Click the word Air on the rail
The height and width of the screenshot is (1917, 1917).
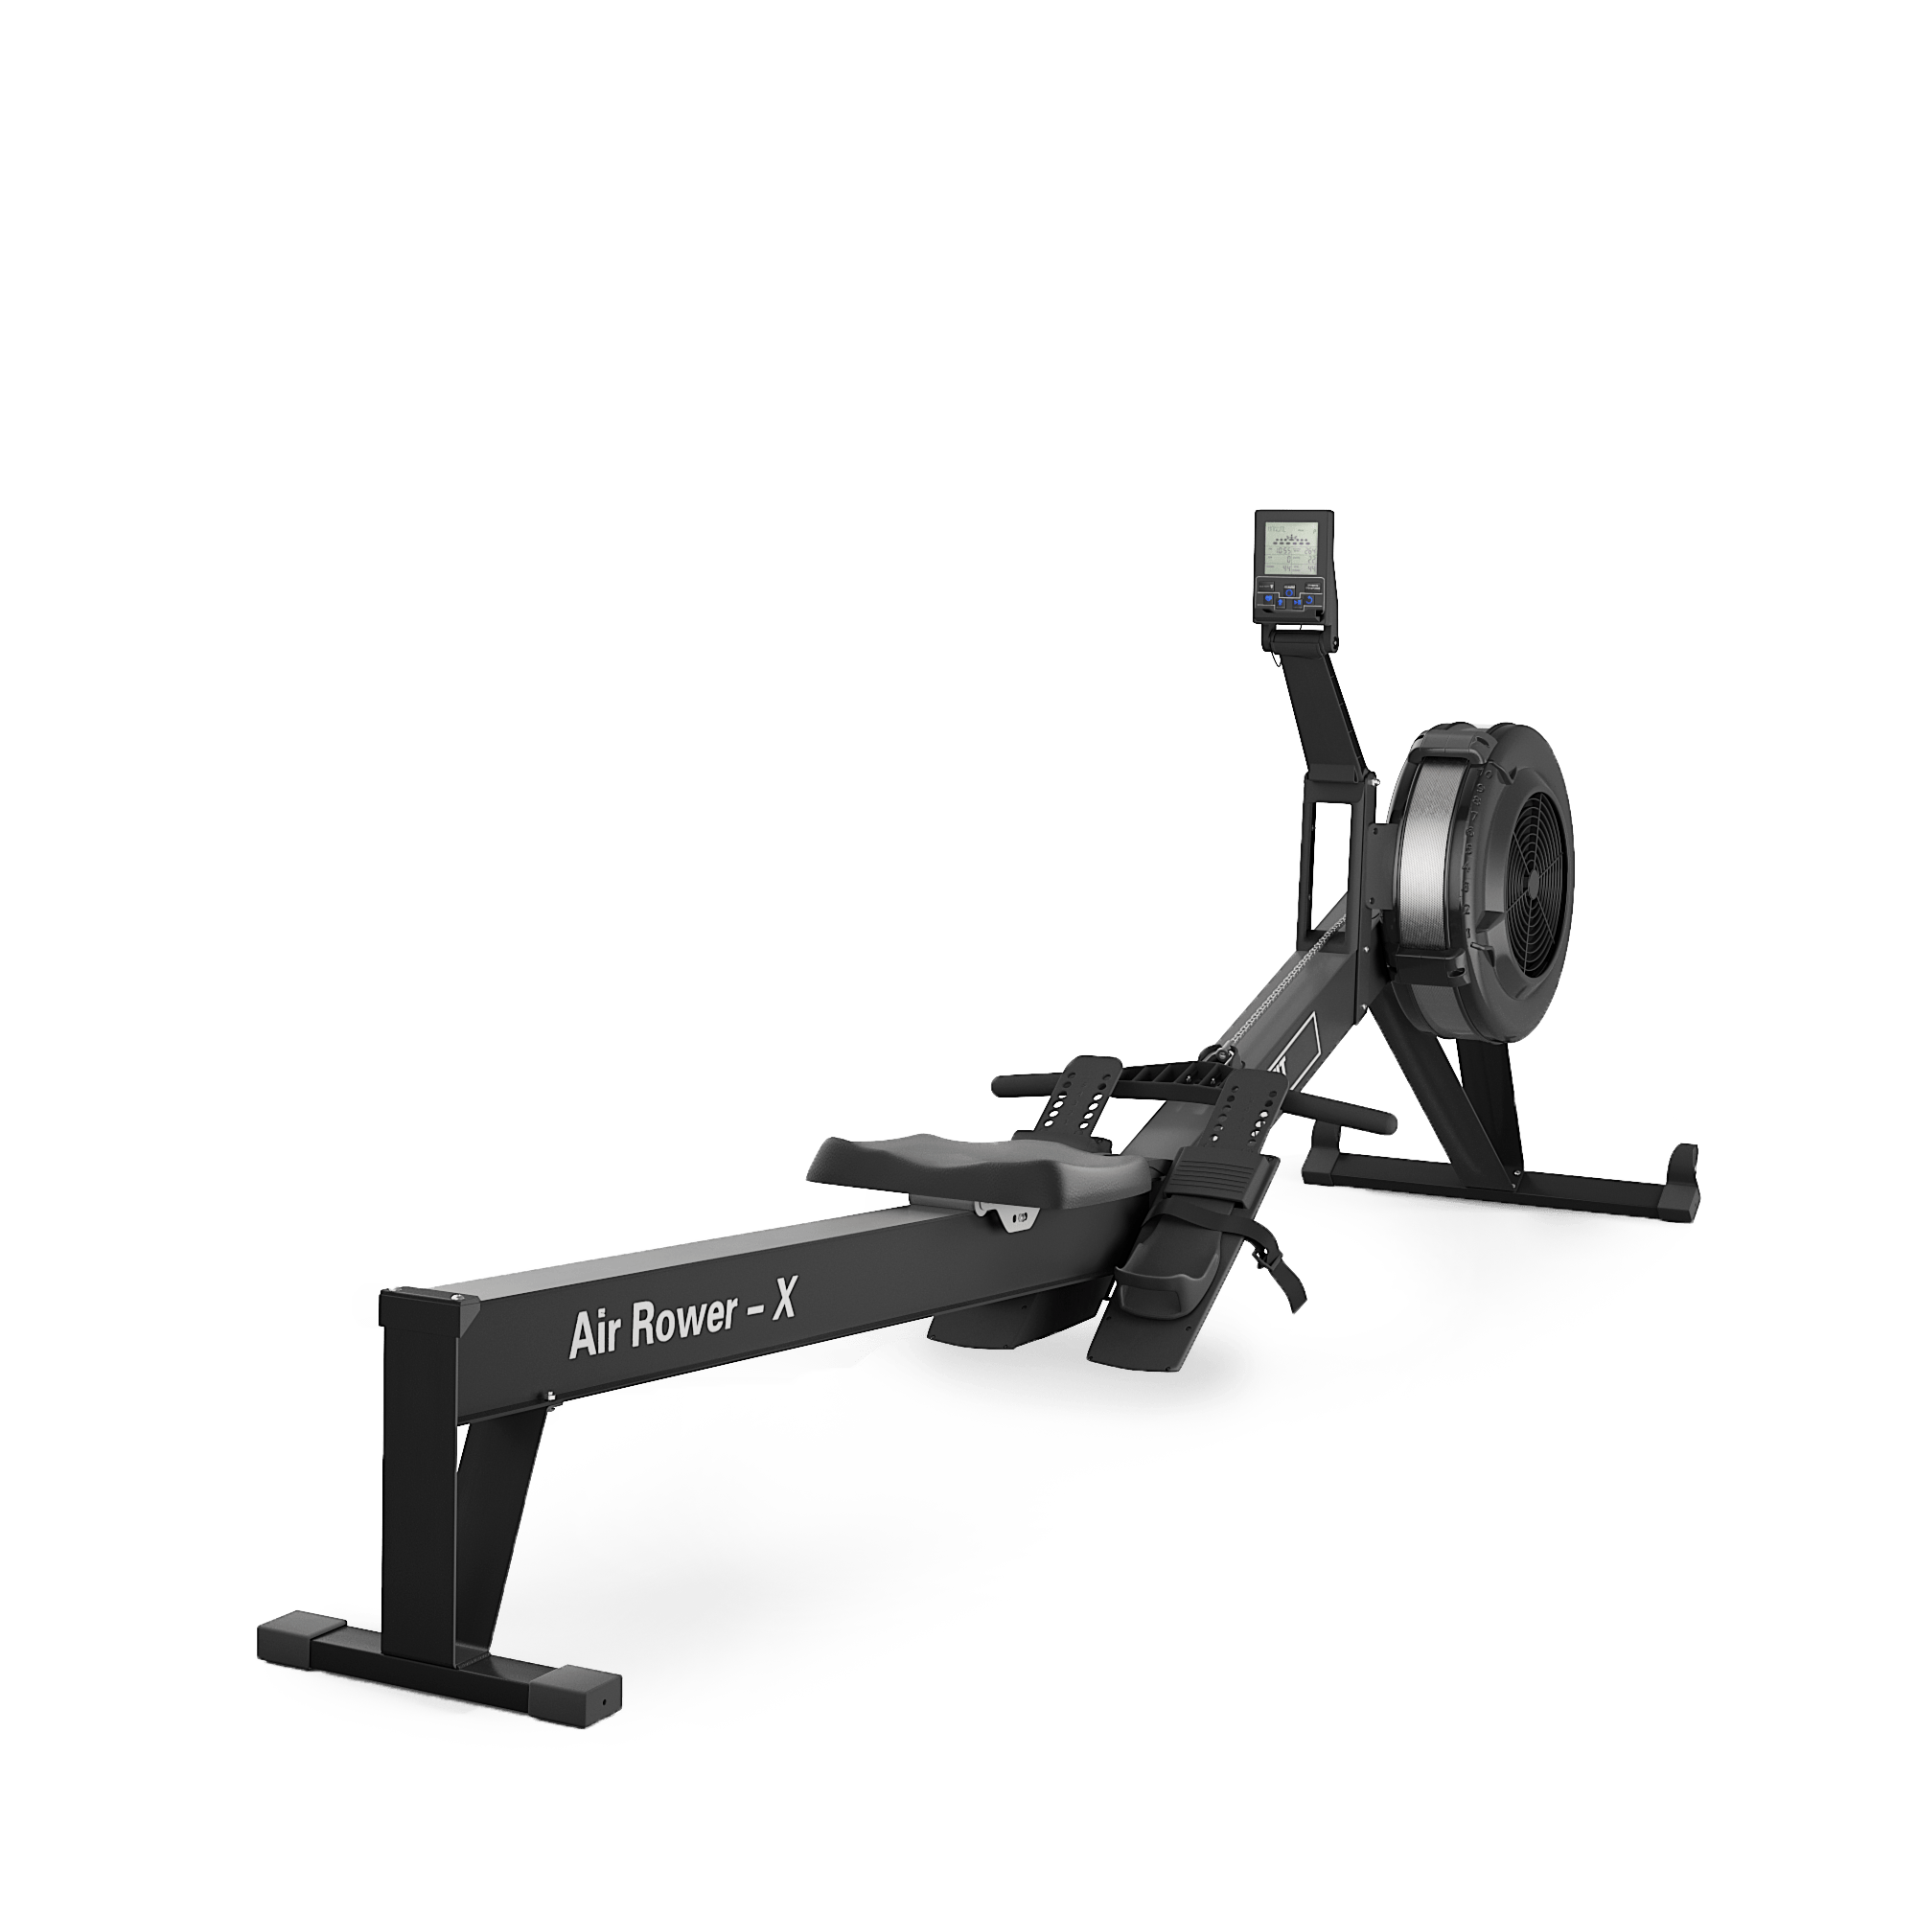pyautogui.click(x=594, y=1332)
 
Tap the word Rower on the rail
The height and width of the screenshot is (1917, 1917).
pyautogui.click(x=683, y=1319)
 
